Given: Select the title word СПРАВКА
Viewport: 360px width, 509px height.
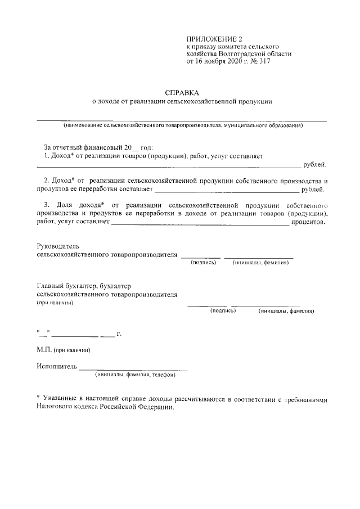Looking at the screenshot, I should pyautogui.click(x=182, y=92).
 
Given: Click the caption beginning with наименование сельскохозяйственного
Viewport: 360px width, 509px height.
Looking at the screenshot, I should pyautogui.click(x=183, y=125).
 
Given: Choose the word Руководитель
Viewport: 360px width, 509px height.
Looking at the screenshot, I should pyautogui.click(x=58, y=246).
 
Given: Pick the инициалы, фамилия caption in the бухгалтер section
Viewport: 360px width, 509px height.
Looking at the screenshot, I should pyautogui.click(x=286, y=310).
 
